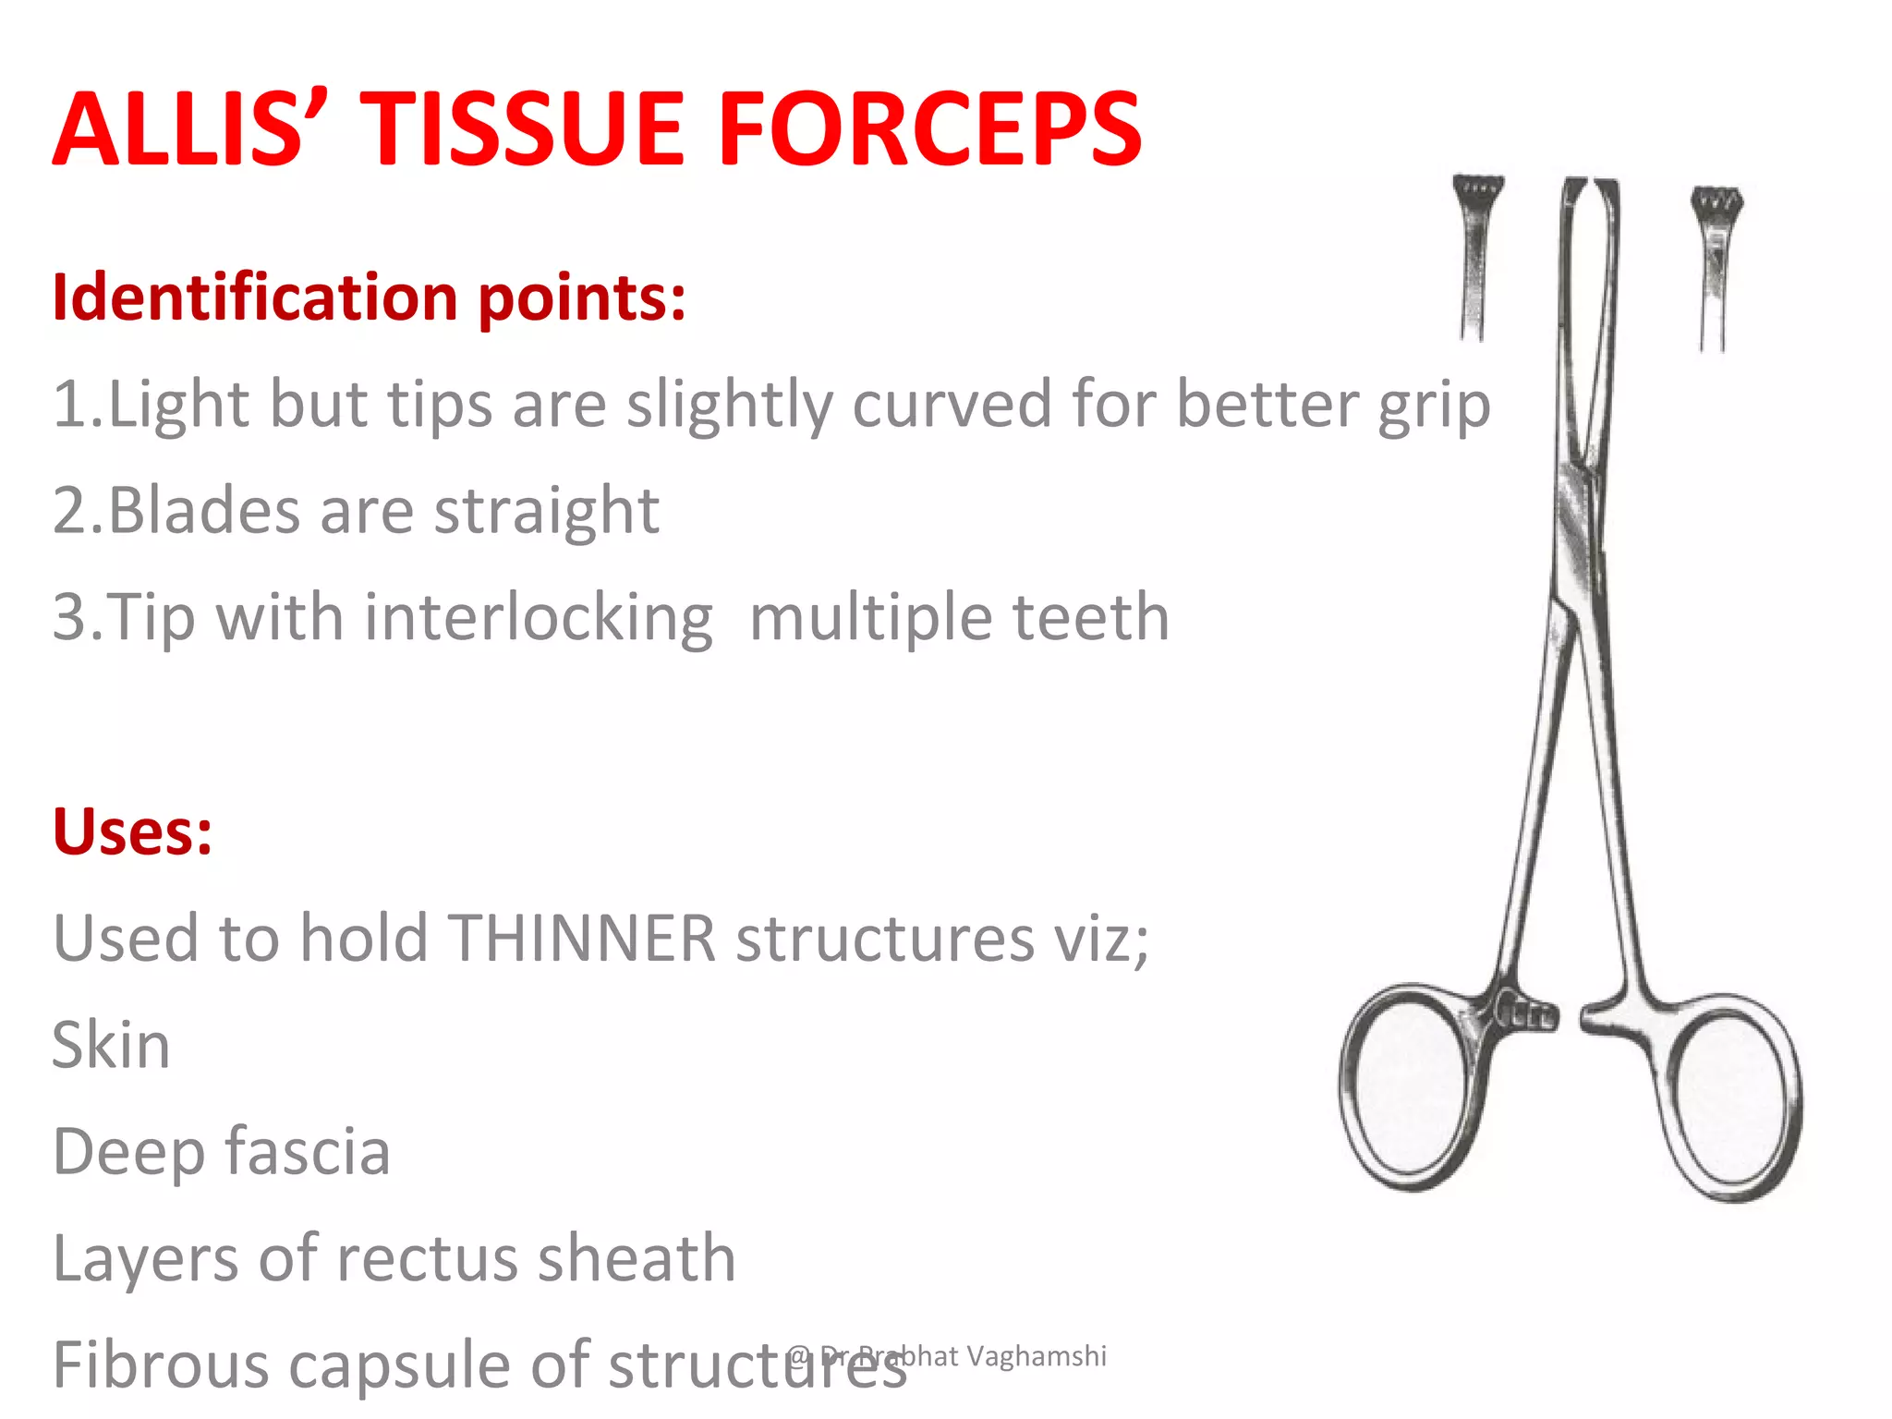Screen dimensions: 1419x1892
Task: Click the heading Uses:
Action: coord(133,831)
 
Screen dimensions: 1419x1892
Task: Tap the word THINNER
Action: coord(582,939)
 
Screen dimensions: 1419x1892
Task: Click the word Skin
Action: coord(112,1046)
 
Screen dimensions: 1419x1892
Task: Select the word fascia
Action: coord(309,1152)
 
